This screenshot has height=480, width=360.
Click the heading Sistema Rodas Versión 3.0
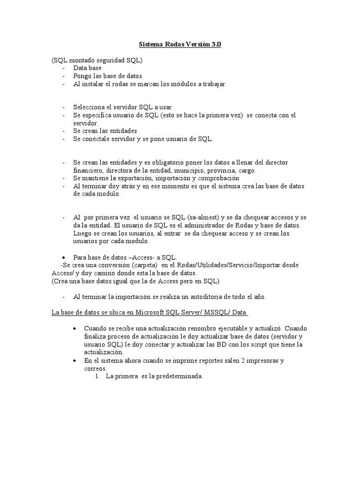coord(180,45)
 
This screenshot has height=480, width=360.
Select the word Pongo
coord(82,75)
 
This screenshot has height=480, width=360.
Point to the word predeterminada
coord(176,376)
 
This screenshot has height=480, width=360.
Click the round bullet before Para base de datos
coord(64,257)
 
